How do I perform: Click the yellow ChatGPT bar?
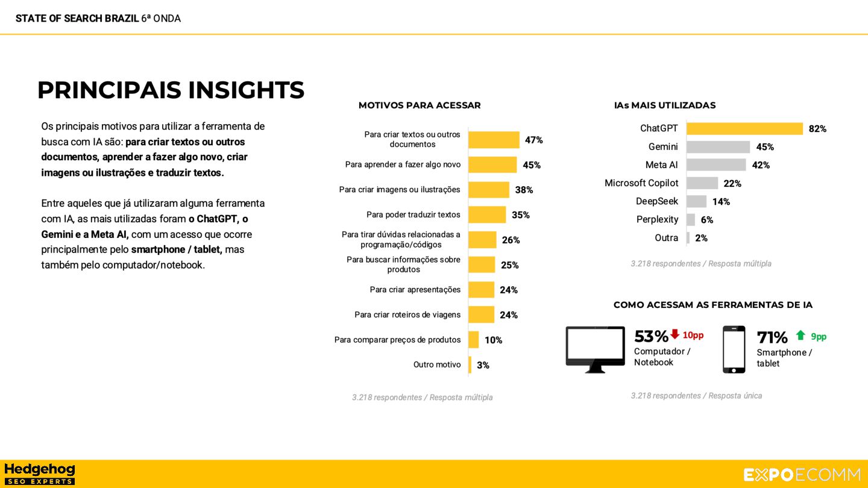pyautogui.click(x=744, y=128)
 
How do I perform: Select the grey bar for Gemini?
pyautogui.click(x=718, y=147)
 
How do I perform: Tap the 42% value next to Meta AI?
pyautogui.click(x=761, y=165)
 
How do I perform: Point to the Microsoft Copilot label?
pyautogui.click(x=641, y=183)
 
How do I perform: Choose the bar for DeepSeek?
pyautogui.click(x=696, y=201)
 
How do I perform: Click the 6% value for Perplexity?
pyautogui.click(x=706, y=220)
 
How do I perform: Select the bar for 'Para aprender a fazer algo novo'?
pyautogui.click(x=492, y=164)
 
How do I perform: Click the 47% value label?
pyautogui.click(x=533, y=140)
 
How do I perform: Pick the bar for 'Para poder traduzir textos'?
pyautogui.click(x=487, y=214)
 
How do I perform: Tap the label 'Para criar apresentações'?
pyautogui.click(x=415, y=290)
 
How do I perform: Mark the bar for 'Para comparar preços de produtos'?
pyautogui.click(x=473, y=340)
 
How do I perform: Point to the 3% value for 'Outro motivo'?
pyautogui.click(x=483, y=365)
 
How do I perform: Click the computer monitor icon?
pyautogui.click(x=595, y=348)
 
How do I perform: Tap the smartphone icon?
pyautogui.click(x=734, y=349)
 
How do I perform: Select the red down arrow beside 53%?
pyautogui.click(x=675, y=334)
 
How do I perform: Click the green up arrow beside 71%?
pyautogui.click(x=800, y=336)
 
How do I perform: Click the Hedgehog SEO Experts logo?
pyautogui.click(x=40, y=474)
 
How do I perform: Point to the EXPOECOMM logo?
pyautogui.click(x=802, y=475)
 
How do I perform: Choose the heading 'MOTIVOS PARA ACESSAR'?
pyautogui.click(x=420, y=105)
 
